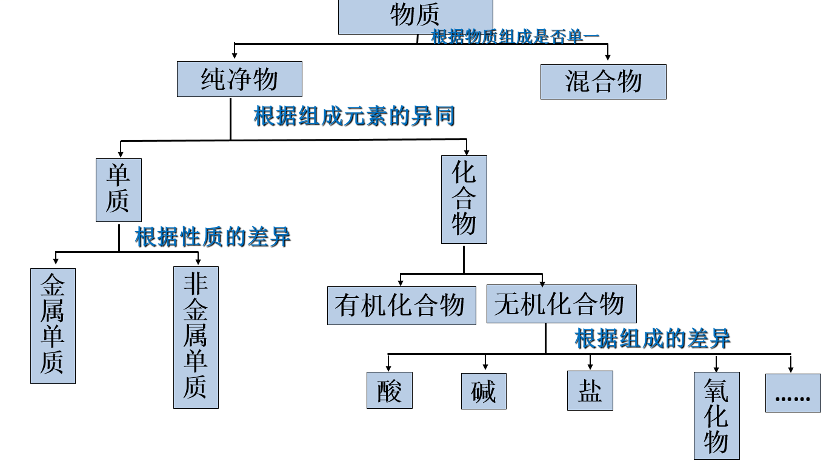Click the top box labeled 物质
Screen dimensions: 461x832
[x=415, y=16]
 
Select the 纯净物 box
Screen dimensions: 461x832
[x=239, y=79]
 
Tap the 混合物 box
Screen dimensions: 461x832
[x=603, y=82]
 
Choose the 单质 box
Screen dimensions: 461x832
[x=118, y=190]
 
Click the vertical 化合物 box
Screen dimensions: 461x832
[x=464, y=200]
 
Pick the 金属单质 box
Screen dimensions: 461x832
[x=53, y=326]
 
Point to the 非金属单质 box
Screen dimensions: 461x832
[x=196, y=337]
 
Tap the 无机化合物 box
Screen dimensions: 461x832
[x=561, y=304]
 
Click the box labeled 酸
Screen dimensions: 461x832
[x=389, y=390]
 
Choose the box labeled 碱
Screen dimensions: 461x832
[x=483, y=391]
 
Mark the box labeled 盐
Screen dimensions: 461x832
[x=590, y=391]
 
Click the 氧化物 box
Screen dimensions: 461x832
[x=716, y=416]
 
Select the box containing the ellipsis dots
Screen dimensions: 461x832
[x=793, y=393]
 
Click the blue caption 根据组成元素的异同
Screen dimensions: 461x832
[x=354, y=116]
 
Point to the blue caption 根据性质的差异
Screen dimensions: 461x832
[x=213, y=237]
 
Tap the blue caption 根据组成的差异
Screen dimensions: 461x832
[x=653, y=338]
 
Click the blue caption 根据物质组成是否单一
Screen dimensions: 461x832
[x=515, y=36]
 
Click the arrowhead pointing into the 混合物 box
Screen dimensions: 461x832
[x=608, y=56]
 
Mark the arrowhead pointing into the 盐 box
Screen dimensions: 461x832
[x=590, y=366]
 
